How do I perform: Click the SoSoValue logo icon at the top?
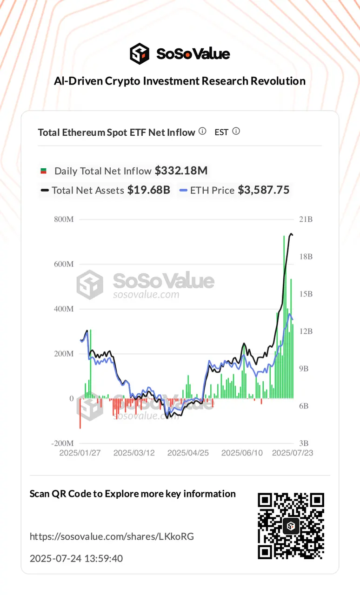click(x=140, y=53)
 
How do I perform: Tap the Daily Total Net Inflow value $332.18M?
click(x=181, y=171)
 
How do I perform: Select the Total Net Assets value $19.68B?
click(x=149, y=190)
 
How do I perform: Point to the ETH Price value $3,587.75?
click(x=264, y=190)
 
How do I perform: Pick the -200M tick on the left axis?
click(x=63, y=443)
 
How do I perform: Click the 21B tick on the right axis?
click(x=305, y=219)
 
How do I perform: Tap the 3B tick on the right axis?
click(x=303, y=443)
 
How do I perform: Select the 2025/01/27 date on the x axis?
click(x=80, y=453)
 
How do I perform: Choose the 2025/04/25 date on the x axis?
click(x=188, y=453)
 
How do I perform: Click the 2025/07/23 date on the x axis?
click(x=293, y=453)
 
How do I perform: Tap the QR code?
click(x=291, y=526)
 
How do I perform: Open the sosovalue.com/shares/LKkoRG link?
click(x=112, y=536)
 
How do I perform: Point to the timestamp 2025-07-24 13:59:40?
click(x=76, y=558)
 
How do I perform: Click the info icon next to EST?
click(x=236, y=132)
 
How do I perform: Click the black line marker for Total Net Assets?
click(x=45, y=190)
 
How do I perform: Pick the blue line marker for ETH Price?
click(x=183, y=190)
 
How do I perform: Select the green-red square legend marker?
click(x=44, y=171)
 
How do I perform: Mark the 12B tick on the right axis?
click(x=305, y=331)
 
